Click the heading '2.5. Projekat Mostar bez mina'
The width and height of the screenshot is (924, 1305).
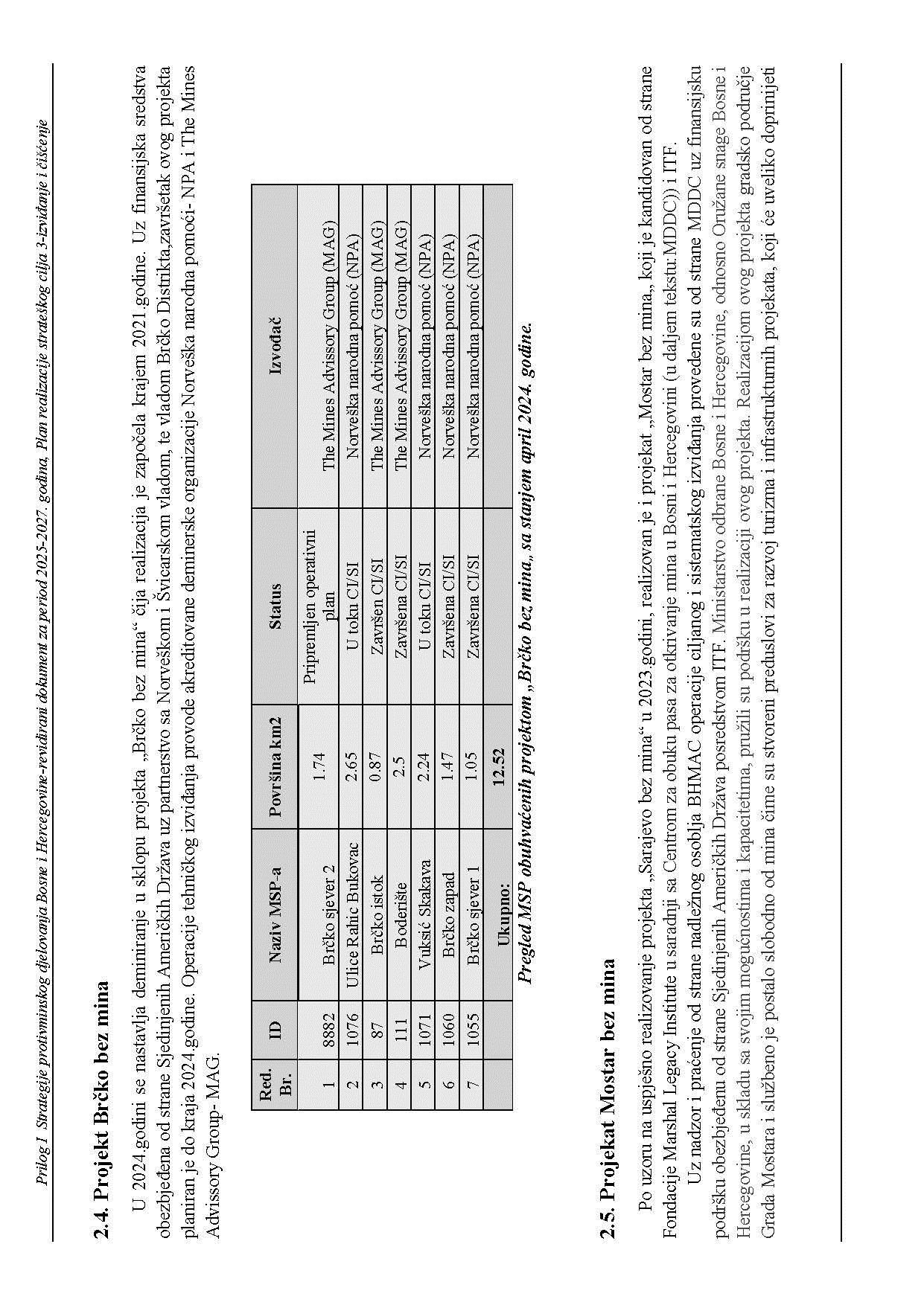click(608, 1094)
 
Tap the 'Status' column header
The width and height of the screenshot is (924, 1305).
click(275, 605)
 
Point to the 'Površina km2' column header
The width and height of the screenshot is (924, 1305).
click(275, 766)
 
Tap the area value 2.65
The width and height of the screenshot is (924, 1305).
click(352, 766)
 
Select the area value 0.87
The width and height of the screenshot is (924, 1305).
click(376, 766)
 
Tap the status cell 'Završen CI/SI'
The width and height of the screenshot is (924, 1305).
click(376, 605)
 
